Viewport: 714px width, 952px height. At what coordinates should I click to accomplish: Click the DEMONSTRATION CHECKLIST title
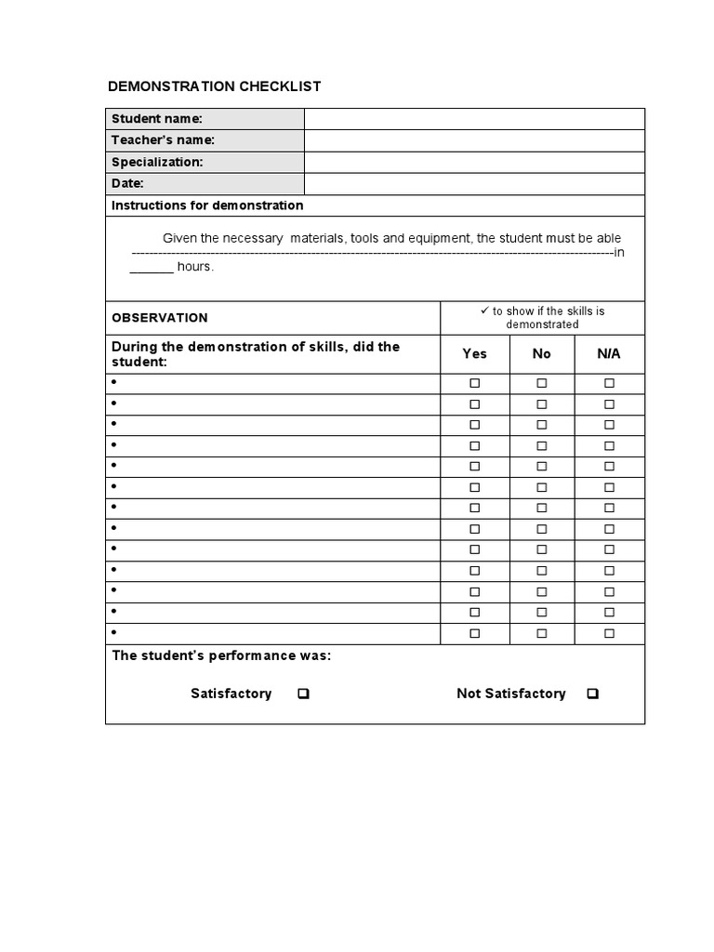tap(214, 86)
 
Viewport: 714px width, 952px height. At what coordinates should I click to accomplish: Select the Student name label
tap(157, 118)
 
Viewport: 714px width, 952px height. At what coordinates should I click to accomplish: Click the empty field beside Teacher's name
tap(474, 140)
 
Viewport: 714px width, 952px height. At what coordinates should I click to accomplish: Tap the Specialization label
tap(157, 162)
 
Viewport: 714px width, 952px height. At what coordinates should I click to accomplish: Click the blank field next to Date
tap(474, 184)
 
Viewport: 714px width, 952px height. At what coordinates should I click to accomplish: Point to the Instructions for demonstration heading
tap(207, 205)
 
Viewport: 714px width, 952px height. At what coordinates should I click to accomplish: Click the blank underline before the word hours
tap(152, 267)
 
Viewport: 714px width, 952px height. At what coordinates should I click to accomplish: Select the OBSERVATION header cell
tap(160, 318)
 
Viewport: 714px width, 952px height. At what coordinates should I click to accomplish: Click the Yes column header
tap(474, 354)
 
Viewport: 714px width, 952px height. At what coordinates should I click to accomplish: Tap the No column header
tap(542, 354)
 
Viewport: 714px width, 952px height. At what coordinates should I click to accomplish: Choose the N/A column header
tap(609, 354)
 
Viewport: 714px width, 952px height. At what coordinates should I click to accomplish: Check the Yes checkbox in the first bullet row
tap(474, 383)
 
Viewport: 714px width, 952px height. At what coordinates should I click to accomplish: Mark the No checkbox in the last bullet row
tap(542, 633)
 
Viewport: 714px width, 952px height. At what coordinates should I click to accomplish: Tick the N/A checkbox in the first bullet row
tap(609, 383)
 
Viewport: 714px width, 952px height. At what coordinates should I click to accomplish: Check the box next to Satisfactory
tap(303, 694)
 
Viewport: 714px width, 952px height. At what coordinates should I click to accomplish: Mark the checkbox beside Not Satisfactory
tap(593, 694)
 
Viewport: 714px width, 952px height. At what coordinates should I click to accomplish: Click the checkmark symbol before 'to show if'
tap(483, 311)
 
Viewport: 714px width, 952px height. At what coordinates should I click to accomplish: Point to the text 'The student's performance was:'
tap(221, 656)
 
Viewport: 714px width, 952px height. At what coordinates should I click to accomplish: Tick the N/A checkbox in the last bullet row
tap(609, 633)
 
